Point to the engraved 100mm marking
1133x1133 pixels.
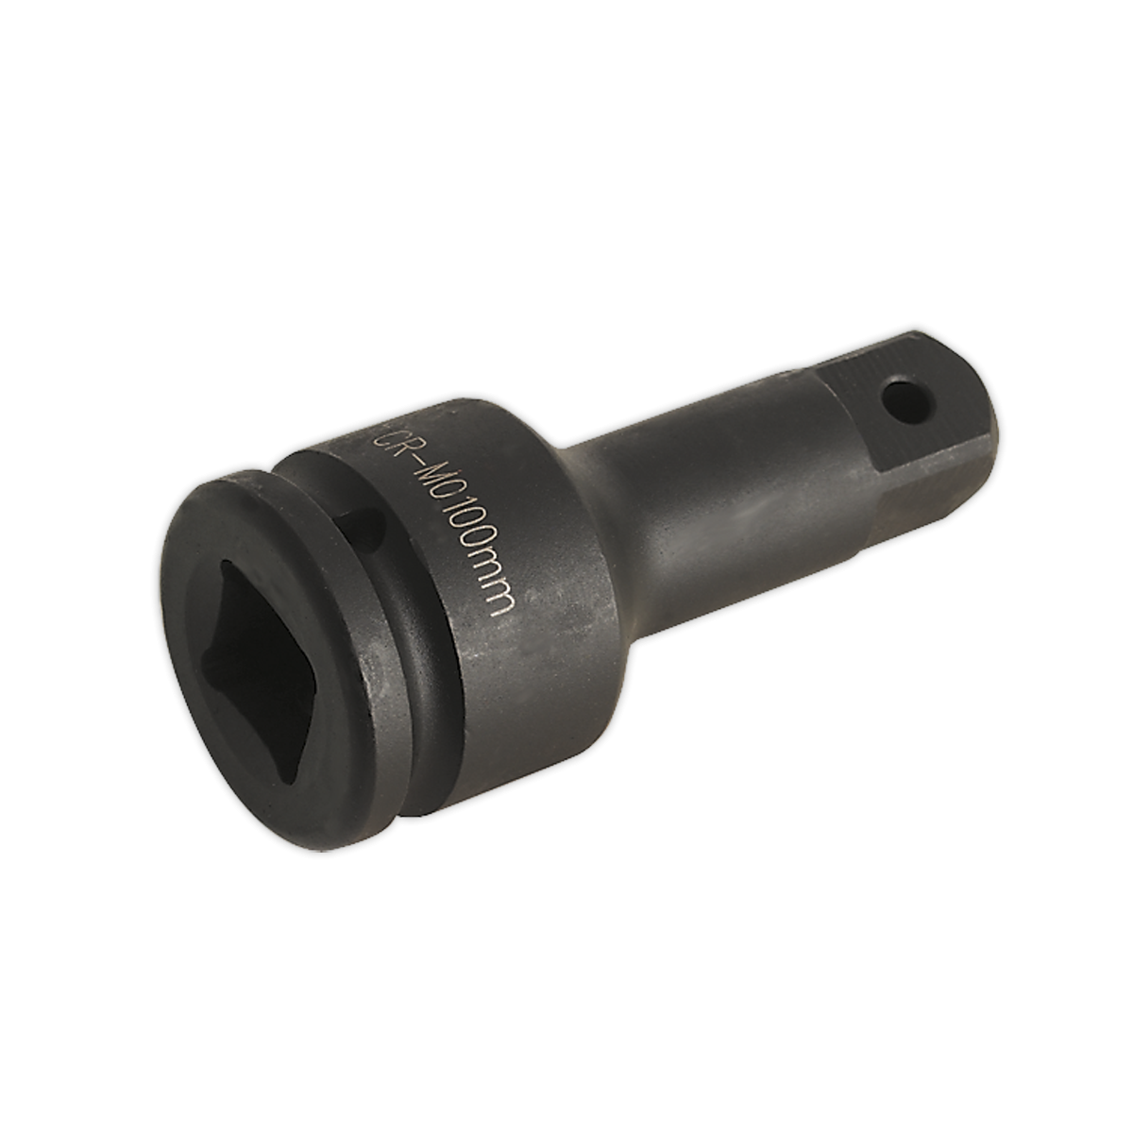coord(477,557)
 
